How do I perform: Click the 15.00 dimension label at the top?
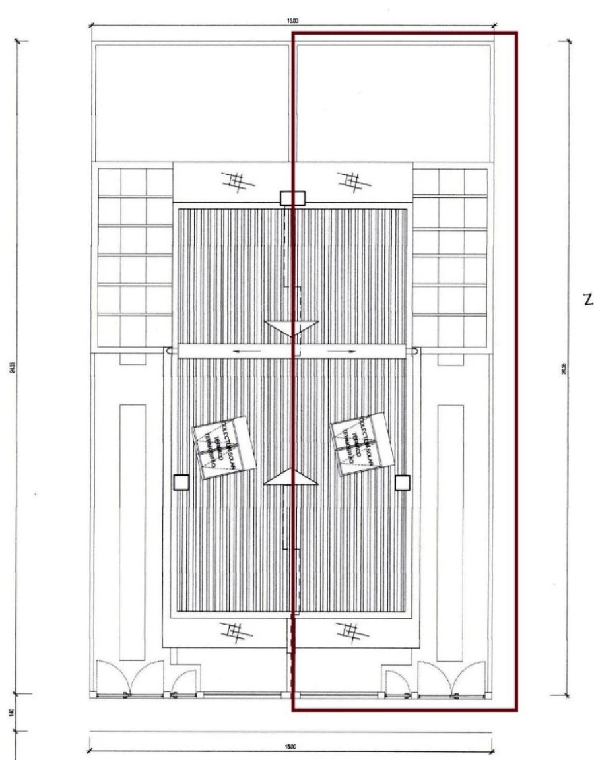pos(292,21)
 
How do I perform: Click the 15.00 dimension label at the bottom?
pos(290,746)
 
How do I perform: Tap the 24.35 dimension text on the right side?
pos(564,369)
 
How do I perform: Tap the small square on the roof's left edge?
pos(180,482)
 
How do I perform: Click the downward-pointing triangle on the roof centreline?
pos(292,328)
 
